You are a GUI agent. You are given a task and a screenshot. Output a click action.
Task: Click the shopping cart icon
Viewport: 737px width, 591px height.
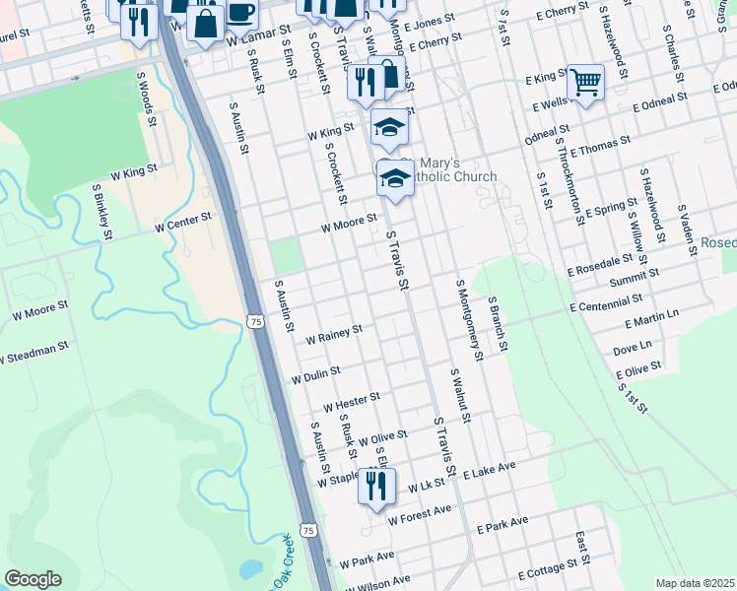[585, 82]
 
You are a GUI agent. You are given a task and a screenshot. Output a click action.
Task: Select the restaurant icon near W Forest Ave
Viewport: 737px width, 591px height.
[376, 486]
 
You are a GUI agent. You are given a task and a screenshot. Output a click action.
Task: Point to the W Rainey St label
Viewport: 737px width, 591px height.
[334, 333]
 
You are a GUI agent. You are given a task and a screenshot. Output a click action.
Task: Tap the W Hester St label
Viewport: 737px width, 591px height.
[352, 401]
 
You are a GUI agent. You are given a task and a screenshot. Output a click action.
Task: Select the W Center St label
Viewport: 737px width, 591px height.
[180, 219]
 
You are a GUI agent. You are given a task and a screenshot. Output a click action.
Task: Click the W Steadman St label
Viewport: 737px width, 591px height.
[34, 351]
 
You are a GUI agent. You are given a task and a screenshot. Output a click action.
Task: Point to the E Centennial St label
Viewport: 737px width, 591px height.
[605, 300]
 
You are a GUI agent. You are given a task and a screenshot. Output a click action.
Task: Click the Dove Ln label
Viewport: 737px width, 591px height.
[633, 349]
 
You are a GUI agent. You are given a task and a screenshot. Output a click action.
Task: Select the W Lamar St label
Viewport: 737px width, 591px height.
[253, 40]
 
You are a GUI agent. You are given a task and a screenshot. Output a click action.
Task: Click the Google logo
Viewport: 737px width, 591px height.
[33, 579]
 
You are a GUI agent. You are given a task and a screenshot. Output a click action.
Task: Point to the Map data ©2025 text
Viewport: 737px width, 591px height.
[695, 583]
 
